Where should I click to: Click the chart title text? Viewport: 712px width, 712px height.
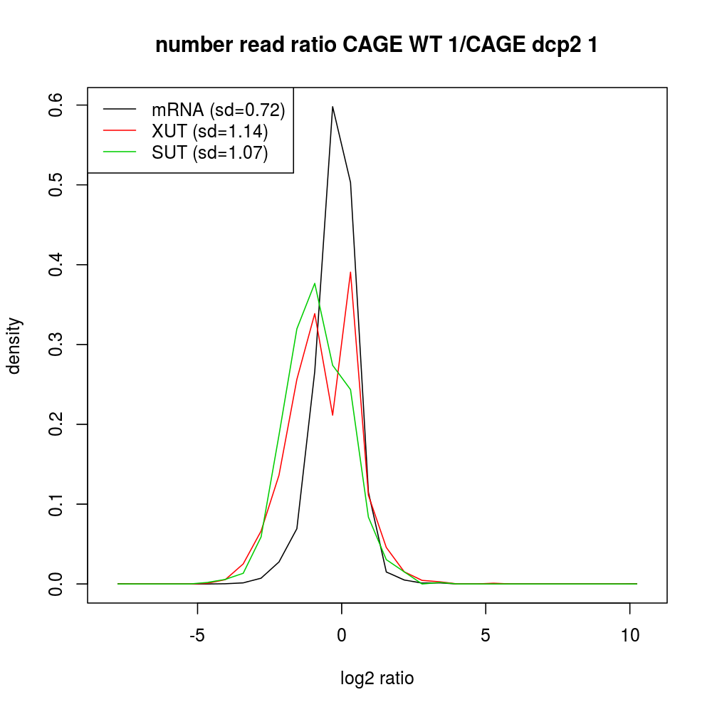pyautogui.click(x=377, y=45)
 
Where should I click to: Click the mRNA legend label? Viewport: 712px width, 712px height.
pyautogui.click(x=218, y=110)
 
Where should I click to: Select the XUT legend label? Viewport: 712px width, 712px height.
pyautogui.click(x=210, y=132)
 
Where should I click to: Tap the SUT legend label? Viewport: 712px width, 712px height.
pyautogui.click(x=210, y=153)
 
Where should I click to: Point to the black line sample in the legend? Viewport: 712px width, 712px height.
pyautogui.click(x=120, y=110)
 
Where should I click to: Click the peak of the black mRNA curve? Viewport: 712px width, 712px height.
pyautogui.click(x=333, y=107)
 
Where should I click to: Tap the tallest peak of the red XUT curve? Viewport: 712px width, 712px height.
pyautogui.click(x=350, y=272)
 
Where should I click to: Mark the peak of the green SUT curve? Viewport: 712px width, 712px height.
pyautogui.click(x=314, y=283)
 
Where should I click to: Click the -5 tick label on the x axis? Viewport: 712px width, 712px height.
pyautogui.click(x=197, y=636)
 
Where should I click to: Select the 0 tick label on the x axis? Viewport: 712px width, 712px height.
pyautogui.click(x=342, y=636)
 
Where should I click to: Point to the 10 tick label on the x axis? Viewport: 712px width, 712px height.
pyautogui.click(x=630, y=636)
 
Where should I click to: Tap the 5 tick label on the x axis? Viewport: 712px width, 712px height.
pyautogui.click(x=486, y=636)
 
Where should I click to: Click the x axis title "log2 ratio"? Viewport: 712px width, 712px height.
pyautogui.click(x=377, y=679)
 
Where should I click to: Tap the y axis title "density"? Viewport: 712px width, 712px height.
pyautogui.click(x=15, y=345)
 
